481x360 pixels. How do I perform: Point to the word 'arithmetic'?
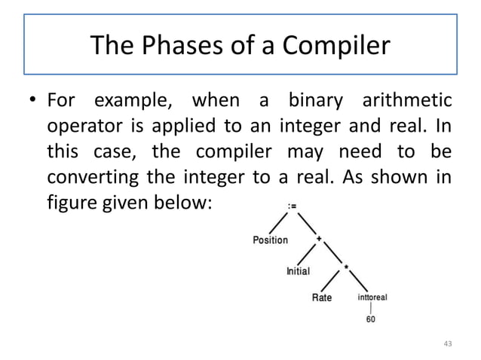tap(404, 100)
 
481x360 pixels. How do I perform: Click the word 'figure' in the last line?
tap(69, 203)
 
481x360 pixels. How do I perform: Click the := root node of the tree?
tap(291, 203)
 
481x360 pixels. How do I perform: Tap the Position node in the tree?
tap(270, 240)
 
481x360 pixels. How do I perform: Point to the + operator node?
tap(319, 239)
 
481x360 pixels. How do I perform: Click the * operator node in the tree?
tap(346, 267)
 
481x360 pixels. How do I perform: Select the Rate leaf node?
tap(322, 298)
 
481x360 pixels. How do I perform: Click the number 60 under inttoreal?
tap(370, 319)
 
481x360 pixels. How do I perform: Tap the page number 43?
tap(447, 344)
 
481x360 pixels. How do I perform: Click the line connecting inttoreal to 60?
tap(370, 308)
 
